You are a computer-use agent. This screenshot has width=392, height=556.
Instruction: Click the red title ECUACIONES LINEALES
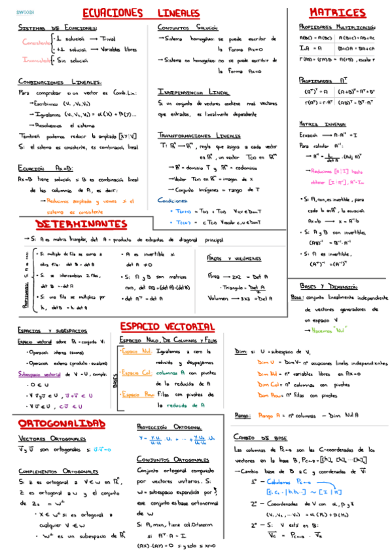pos(151,13)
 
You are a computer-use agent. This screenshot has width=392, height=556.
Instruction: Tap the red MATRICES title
pos(337,13)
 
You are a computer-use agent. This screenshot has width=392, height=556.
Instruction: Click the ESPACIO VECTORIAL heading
pos(168,326)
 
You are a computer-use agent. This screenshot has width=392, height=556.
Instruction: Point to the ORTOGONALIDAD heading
pos(62,423)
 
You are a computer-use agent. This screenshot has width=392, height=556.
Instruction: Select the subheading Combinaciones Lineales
pos(60,82)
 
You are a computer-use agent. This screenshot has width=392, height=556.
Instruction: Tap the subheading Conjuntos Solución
pos(188,28)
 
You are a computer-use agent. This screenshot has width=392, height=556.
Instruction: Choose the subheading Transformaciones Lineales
pos(199,134)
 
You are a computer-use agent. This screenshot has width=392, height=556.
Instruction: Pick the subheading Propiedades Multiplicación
pos(336,28)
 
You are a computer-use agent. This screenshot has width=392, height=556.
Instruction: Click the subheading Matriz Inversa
pos(322,123)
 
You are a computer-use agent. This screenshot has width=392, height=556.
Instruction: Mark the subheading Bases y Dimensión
pos(329,287)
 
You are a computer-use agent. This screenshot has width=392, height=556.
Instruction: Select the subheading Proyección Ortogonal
pos(169,425)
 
